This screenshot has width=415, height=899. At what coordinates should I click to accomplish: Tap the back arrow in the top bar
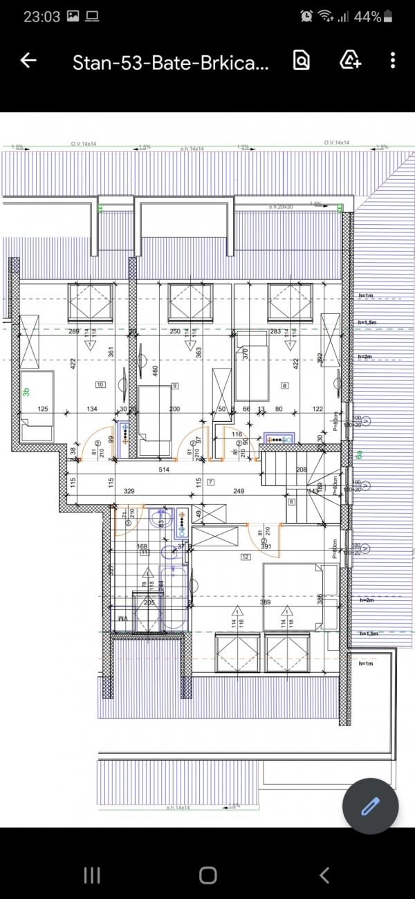tap(28, 61)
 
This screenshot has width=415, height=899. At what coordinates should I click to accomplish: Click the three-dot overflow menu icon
tap(392, 61)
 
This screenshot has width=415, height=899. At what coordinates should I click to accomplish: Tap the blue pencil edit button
tap(371, 806)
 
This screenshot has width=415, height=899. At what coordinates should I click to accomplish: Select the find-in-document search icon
tap(302, 61)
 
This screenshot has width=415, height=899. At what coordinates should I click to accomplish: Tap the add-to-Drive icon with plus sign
tap(351, 61)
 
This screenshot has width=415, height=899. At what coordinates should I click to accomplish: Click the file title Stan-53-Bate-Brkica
tap(170, 64)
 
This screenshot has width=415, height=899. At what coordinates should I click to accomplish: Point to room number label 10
tap(100, 384)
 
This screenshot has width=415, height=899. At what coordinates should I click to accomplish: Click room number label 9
tap(175, 385)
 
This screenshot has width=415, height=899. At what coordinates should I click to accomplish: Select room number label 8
tap(284, 385)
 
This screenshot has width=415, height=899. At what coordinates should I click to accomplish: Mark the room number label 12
tap(245, 556)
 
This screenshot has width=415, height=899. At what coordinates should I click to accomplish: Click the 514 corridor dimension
tap(164, 470)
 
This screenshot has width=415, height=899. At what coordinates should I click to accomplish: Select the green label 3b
tap(26, 392)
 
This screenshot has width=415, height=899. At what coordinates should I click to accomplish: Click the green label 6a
tap(359, 455)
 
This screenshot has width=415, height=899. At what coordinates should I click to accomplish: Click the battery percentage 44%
tap(367, 17)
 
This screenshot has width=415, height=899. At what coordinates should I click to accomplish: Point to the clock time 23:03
tap(41, 17)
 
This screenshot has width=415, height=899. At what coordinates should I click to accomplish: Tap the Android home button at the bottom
tap(207, 875)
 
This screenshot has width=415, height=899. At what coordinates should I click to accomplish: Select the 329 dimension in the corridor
tap(129, 492)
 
